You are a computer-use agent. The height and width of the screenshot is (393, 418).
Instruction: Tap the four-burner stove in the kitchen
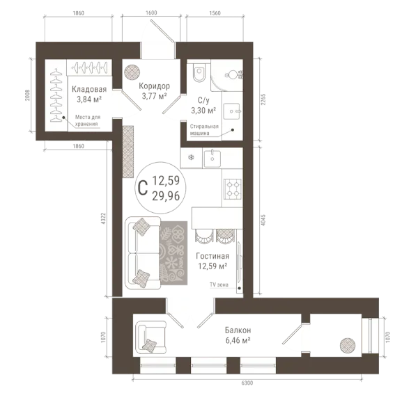[233, 189]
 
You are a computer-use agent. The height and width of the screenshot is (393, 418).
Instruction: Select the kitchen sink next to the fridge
[212, 159]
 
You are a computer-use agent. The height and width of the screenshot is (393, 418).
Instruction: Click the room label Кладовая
[89, 89]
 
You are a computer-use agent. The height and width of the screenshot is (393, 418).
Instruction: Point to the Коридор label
[155, 86]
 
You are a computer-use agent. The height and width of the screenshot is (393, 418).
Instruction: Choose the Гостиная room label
[212, 256]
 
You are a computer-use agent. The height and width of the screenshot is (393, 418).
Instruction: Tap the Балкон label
[238, 330]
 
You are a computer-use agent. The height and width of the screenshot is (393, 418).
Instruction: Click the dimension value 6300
[247, 383]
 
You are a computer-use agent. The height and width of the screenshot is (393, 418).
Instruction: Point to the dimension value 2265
[263, 99]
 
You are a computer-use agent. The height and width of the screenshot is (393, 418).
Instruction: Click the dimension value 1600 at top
[151, 13]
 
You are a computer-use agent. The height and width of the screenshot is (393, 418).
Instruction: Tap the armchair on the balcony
[151, 337]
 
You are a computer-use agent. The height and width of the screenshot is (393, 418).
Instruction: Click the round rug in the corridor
[132, 72]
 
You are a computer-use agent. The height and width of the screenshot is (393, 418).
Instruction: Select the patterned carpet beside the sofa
[173, 253]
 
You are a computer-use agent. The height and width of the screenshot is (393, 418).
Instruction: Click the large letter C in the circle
[143, 188]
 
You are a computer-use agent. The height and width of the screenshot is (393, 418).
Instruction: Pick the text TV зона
[219, 284]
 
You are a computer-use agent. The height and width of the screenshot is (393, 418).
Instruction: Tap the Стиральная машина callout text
[204, 129]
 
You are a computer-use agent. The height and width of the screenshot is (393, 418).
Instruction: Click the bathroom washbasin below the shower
[232, 111]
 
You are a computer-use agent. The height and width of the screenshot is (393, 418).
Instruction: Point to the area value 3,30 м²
[203, 110]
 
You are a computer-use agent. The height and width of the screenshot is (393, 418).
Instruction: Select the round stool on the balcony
[348, 346]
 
